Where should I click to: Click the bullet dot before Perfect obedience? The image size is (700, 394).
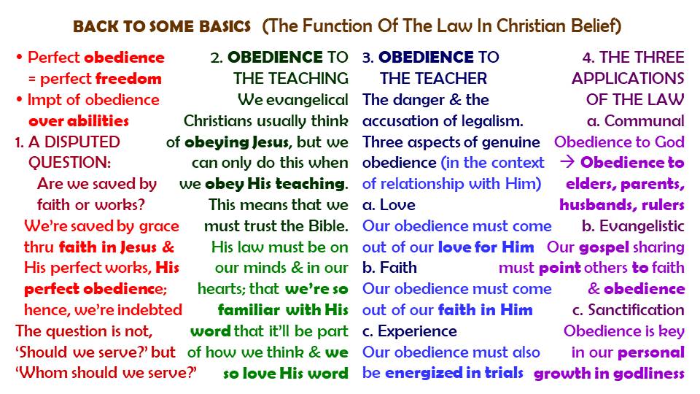(x=19, y=57)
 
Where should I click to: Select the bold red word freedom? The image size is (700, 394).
(x=129, y=79)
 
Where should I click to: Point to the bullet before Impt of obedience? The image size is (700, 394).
(x=19, y=99)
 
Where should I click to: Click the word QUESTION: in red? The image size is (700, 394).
(x=70, y=163)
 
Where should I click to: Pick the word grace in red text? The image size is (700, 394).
(x=159, y=226)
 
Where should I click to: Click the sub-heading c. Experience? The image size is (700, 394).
(x=409, y=331)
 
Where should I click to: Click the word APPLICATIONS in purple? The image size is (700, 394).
(x=628, y=79)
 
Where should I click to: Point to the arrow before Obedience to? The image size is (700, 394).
(x=567, y=162)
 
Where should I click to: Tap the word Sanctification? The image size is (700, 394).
(x=636, y=309)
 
